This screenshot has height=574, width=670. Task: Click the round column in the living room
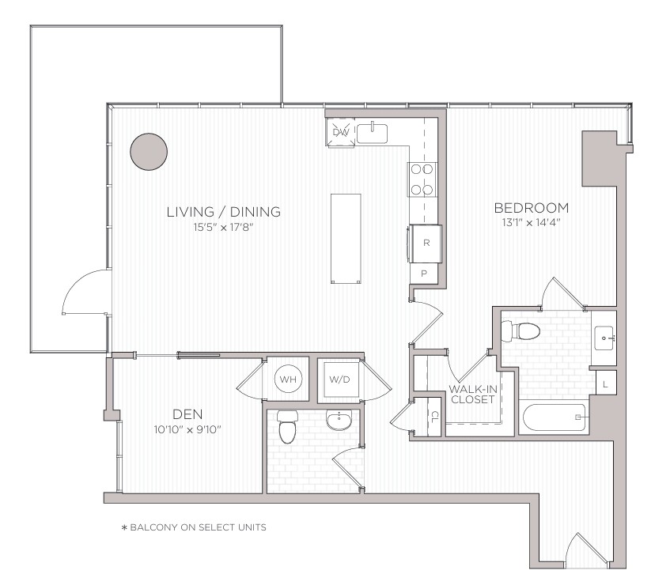pos(149,152)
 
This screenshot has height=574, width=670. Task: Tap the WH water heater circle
pos(288,379)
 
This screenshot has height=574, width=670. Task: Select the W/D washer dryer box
pos(340,380)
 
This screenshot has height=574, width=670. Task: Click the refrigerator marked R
pos(426,243)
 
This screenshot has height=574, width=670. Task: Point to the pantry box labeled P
pos(424,274)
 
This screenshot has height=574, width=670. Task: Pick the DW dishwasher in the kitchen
pos(341,132)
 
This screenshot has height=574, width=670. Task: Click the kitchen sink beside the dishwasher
pos(372,134)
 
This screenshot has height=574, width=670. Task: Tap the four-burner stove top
pos(422,179)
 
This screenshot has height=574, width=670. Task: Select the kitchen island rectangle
pos(346,239)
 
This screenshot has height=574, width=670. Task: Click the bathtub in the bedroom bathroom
pos(555,417)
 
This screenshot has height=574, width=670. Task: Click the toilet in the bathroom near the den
pos(287,426)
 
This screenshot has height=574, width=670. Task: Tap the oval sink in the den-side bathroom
pos(339,421)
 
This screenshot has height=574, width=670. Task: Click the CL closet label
pos(434,417)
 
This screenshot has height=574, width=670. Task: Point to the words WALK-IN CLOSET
pos(473,395)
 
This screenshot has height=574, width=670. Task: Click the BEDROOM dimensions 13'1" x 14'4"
pos(531,222)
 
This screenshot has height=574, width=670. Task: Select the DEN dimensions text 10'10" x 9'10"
pos(187,429)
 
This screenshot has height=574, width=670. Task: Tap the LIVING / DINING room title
pos(224,211)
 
